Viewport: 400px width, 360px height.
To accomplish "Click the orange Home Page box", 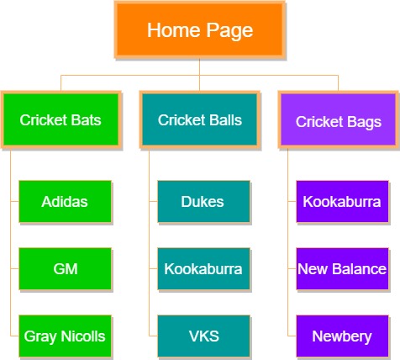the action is pos(200,29).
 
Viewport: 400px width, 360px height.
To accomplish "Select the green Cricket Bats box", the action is pos(61,119).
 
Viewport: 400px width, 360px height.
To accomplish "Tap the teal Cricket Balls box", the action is pos(200,119).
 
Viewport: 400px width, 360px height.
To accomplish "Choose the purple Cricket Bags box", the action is pos(339,119).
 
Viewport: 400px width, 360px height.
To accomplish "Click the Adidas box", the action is pos(65,201).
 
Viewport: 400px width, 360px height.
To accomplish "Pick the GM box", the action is pos(65,268).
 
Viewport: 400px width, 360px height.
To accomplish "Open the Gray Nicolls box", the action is pos(65,336).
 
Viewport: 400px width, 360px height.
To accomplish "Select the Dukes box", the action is pos(203,201).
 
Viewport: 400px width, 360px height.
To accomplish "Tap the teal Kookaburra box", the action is pos(203,268).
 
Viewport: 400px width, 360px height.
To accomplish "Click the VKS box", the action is pos(203,336).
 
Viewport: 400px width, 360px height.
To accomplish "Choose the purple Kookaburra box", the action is pos(342,201).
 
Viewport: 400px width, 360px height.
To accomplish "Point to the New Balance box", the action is pos(342,268).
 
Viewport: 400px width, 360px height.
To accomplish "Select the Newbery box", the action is pos(342,336).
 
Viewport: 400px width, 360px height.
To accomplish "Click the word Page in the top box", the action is pos(229,31).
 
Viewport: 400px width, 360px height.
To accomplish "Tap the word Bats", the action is pos(86,120).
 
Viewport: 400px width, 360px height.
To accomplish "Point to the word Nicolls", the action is pos(83,336).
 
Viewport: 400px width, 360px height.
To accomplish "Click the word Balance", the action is pos(359,269).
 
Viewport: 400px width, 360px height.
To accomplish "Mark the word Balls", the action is pos(225,120).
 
